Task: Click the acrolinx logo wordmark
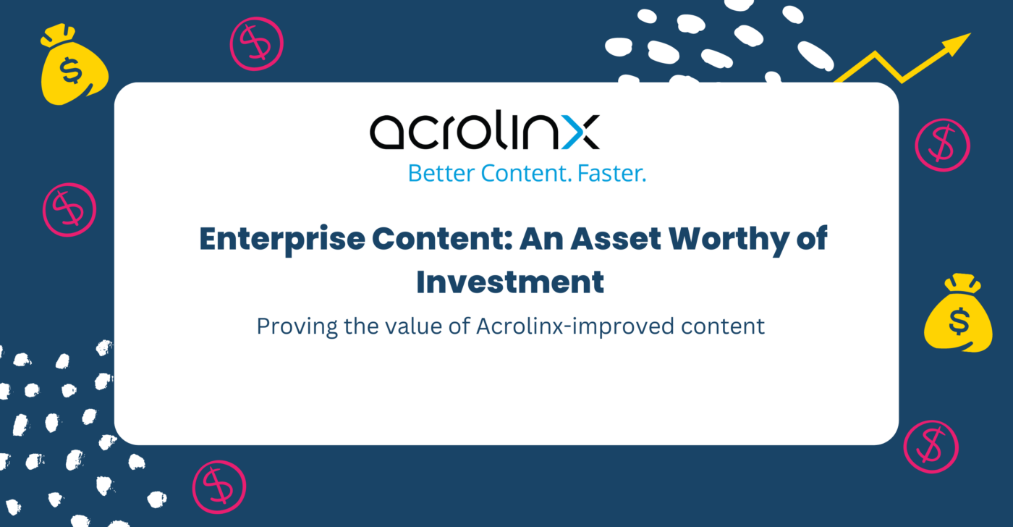[x=485, y=130]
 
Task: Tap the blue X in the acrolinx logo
[x=580, y=132]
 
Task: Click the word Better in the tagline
[x=441, y=174]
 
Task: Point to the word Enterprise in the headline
[x=282, y=240]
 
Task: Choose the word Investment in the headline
[x=510, y=282]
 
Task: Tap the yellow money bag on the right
[x=958, y=313]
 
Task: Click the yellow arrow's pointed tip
[x=970, y=33]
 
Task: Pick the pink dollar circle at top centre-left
[x=257, y=44]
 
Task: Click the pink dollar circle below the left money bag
[x=69, y=210]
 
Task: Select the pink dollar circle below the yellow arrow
[x=942, y=146]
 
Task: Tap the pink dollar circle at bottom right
[x=931, y=447]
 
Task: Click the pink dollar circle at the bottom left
[x=219, y=487]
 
